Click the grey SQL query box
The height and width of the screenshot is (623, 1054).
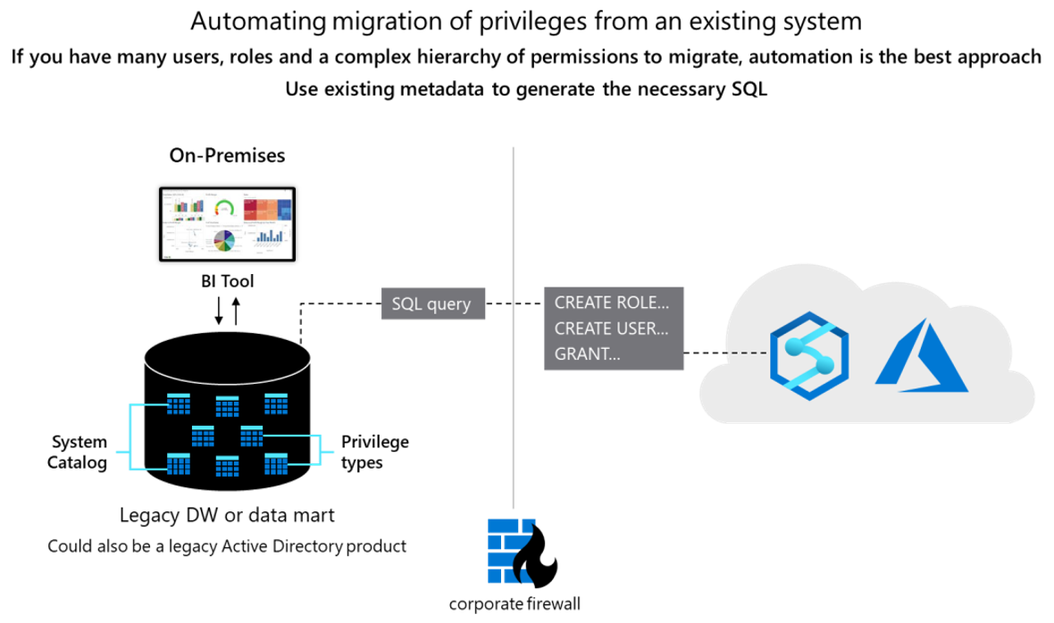click(431, 304)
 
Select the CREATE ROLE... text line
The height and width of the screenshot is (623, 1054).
click(612, 303)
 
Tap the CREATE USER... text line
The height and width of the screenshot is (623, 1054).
click(612, 328)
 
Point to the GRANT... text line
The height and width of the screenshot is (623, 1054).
click(587, 353)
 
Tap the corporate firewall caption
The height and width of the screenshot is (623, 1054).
click(514, 603)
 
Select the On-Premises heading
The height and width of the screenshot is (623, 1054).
click(227, 155)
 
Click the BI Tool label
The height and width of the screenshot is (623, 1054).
click(227, 281)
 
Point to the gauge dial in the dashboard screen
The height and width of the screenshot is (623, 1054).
click(225, 208)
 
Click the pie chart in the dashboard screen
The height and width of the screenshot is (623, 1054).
click(223, 241)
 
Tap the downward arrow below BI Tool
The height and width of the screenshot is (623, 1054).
click(219, 310)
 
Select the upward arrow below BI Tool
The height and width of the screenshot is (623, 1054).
click(236, 310)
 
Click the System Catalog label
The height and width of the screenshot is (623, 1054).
click(79, 452)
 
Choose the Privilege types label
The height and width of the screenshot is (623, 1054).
click(375, 452)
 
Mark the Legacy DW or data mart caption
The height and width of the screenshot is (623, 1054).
click(227, 515)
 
